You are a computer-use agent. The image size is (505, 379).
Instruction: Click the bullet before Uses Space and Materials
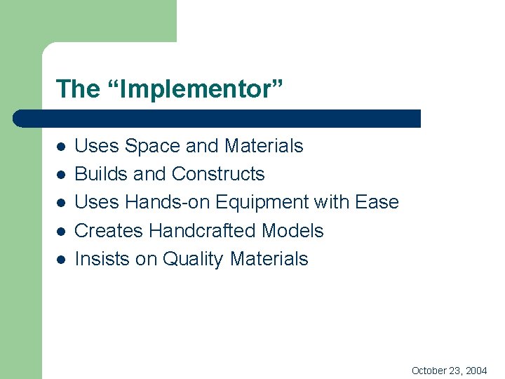click(x=61, y=147)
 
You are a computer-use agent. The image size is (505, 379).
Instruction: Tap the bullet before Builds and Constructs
click(x=61, y=175)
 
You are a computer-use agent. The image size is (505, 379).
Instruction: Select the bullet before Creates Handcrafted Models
click(x=61, y=232)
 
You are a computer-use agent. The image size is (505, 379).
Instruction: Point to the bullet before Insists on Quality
click(x=61, y=260)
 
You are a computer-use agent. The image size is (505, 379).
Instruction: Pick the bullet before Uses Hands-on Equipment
click(x=61, y=204)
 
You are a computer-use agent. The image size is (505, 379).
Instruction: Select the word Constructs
click(x=218, y=174)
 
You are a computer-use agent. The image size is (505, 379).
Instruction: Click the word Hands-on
click(x=168, y=202)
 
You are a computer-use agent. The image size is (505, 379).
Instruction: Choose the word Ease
click(x=377, y=202)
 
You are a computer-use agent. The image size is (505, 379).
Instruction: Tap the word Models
click(x=294, y=230)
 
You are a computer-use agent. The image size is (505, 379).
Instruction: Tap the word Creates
click(x=106, y=230)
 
